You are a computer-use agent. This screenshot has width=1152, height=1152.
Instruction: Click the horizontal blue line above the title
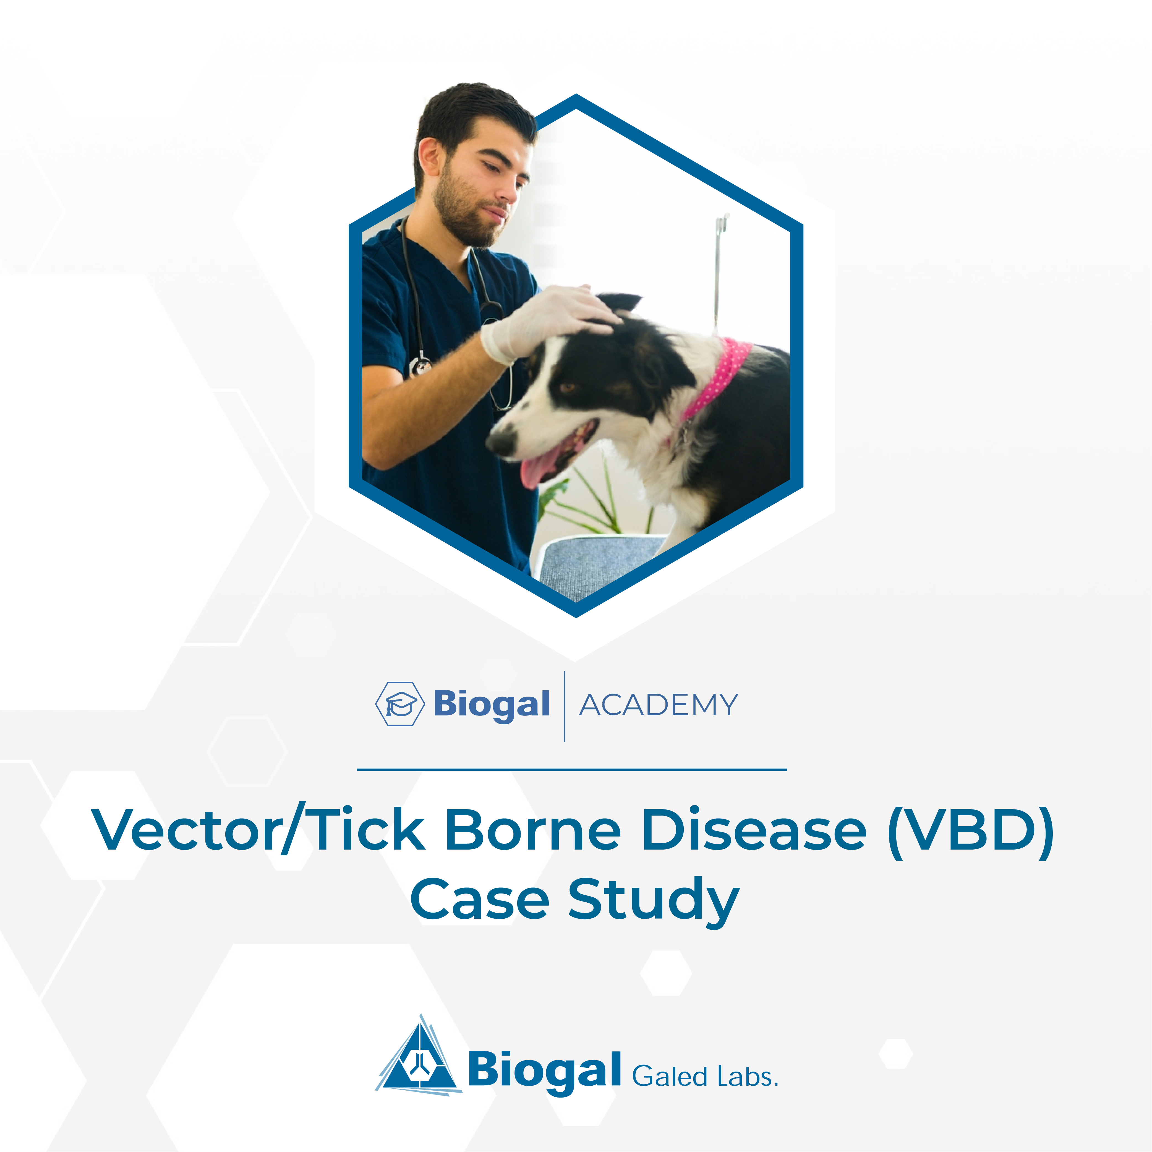tap(572, 769)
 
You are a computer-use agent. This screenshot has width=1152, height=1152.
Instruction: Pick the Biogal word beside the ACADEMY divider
tap(491, 706)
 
